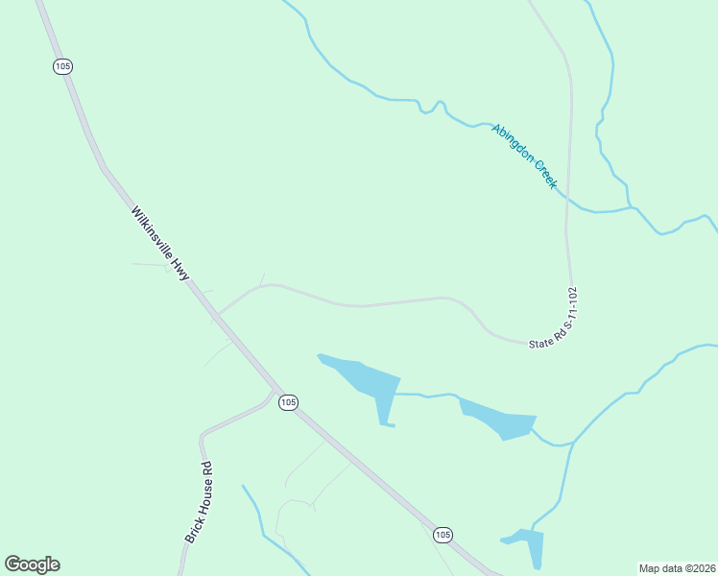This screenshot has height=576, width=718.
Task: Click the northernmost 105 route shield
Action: [62, 66]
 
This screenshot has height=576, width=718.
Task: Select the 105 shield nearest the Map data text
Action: [442, 535]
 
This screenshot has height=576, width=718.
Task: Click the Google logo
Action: [32, 564]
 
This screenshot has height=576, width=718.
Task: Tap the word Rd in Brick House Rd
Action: [205, 470]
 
